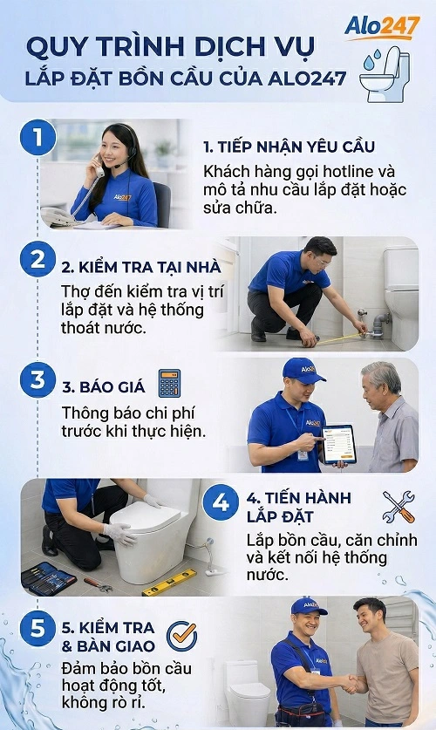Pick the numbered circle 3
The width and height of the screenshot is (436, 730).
coord(37,380)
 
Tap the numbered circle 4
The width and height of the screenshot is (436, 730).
coord(221,503)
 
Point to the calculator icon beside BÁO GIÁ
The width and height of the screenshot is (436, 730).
coord(169,383)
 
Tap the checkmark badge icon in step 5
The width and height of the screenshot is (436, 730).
coord(181,637)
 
